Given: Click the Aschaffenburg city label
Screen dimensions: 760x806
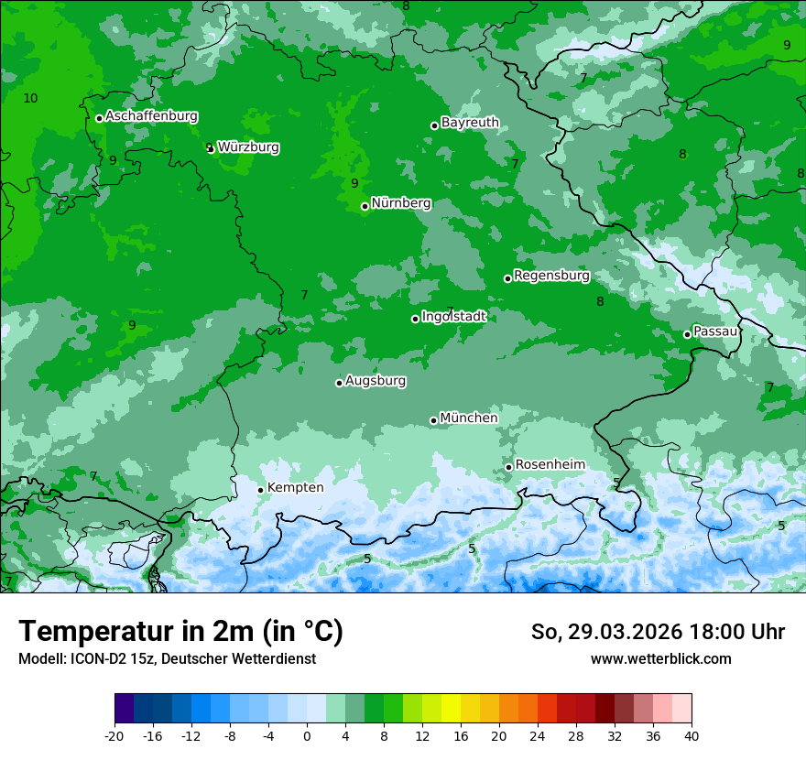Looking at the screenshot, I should point(151,116).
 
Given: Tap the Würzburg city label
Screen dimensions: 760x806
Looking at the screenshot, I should point(248,147).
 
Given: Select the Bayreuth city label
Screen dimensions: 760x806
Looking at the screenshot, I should point(470,122).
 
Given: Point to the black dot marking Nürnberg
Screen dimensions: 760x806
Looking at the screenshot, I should point(365,206).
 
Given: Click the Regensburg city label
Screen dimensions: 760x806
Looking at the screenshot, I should point(551,275).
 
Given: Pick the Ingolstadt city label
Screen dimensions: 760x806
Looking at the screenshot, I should point(453,316).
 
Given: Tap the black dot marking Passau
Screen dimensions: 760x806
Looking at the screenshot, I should point(687,334).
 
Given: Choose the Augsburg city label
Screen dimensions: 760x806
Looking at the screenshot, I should point(376,380).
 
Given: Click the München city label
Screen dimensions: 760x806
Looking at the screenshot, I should point(469,418).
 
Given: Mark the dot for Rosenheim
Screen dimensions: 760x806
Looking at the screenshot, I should point(508,467).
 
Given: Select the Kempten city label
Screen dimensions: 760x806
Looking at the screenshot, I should point(295,487).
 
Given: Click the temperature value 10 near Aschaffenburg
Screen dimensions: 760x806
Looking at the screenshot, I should point(30,98).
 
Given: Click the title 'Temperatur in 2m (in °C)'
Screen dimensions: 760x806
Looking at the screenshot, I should point(180,631).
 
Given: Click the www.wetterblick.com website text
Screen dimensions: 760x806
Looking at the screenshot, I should point(660,658).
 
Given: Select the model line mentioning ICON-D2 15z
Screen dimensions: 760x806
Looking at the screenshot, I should point(167,658).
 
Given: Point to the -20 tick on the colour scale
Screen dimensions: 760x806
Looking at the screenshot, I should point(114,735).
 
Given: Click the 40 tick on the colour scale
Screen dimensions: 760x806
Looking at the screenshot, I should point(691,735).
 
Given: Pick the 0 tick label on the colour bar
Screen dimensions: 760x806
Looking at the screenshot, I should point(307,735).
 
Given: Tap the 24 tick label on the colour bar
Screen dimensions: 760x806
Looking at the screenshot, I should point(537,735).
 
